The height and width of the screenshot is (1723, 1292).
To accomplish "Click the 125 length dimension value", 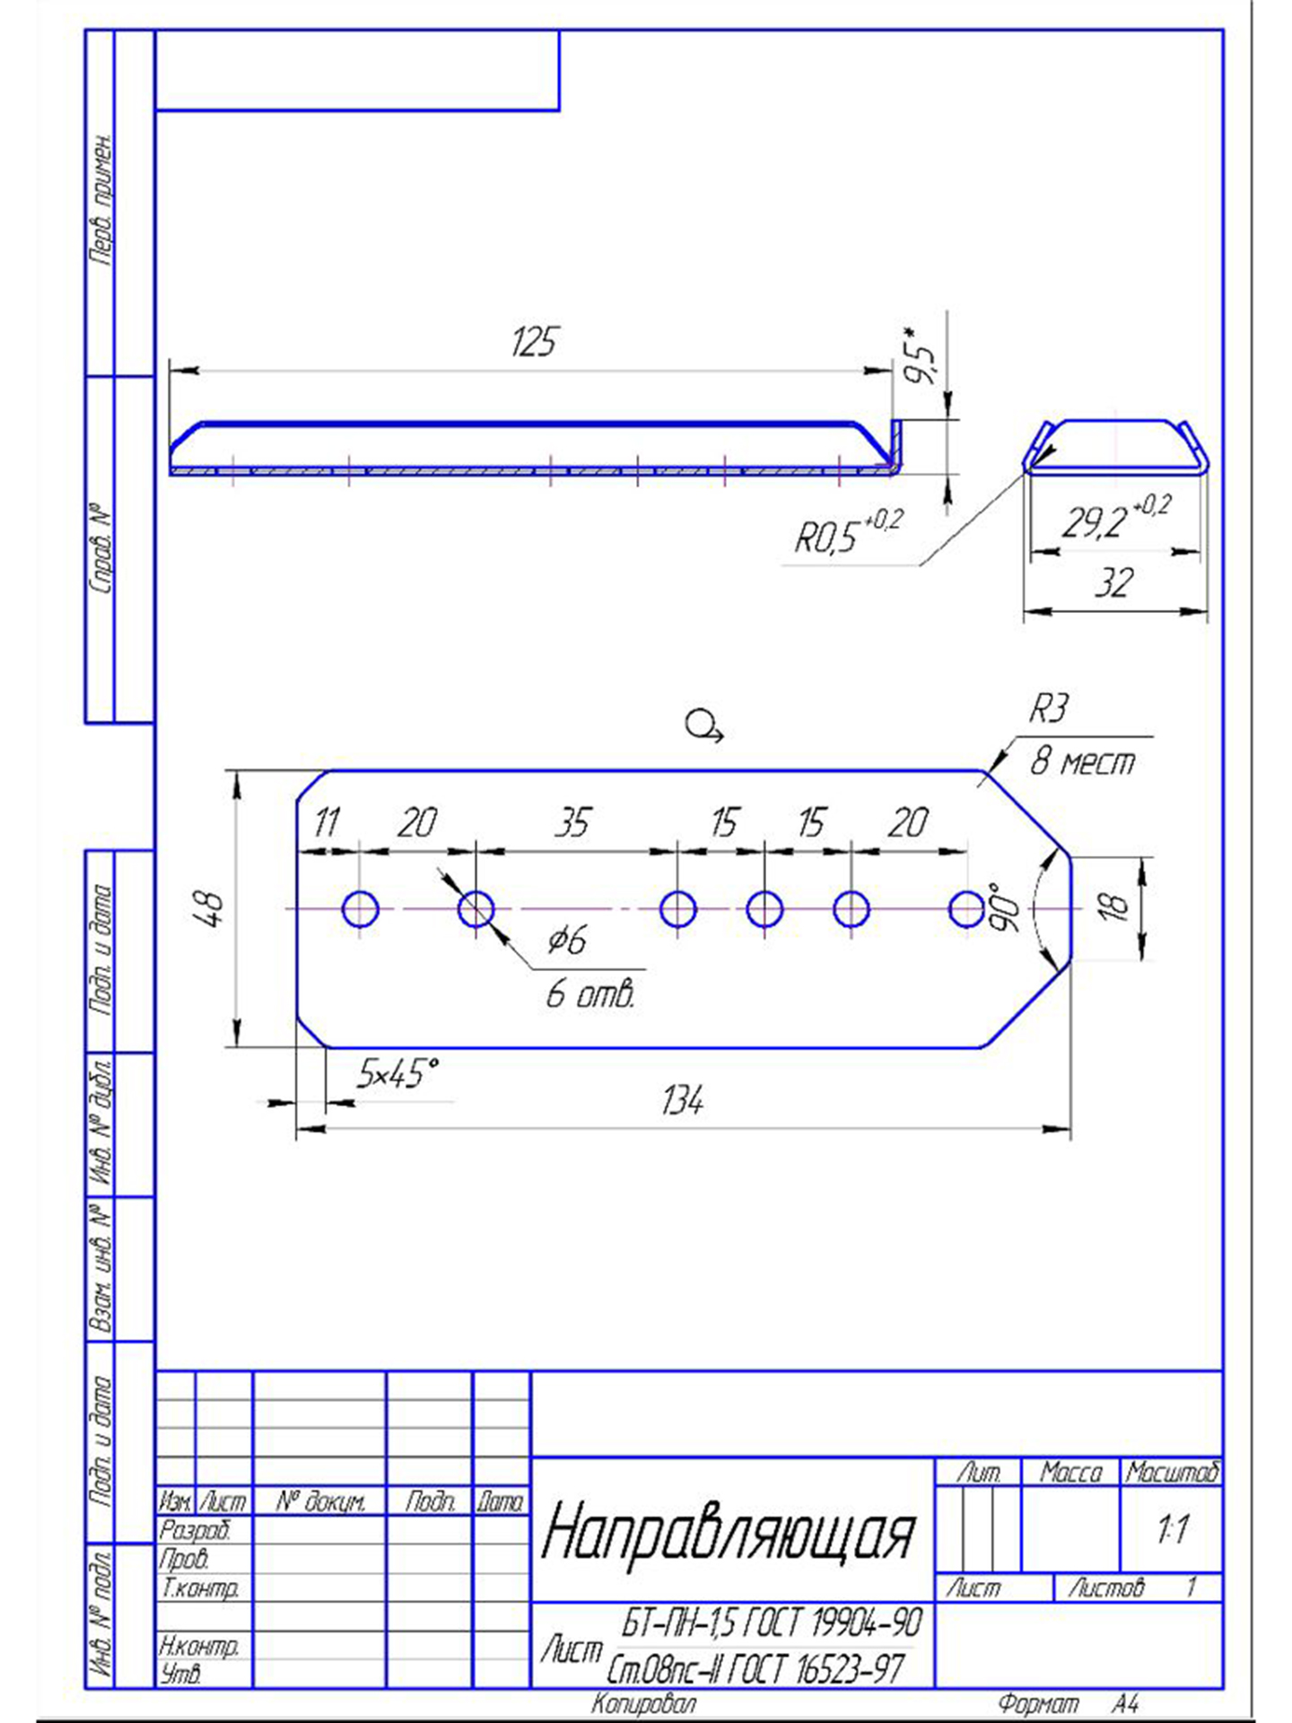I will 535,342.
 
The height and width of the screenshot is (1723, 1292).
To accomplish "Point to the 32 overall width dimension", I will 1113,583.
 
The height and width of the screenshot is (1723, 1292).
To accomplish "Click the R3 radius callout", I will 1048,709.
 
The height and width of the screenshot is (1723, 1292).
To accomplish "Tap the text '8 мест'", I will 1082,762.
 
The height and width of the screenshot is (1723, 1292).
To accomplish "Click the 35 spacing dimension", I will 572,822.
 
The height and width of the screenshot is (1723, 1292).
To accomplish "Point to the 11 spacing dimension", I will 327,822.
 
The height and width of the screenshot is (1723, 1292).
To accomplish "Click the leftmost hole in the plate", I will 361,909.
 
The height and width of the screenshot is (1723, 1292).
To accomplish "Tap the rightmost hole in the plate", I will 966,909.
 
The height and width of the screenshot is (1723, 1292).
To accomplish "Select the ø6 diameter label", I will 567,940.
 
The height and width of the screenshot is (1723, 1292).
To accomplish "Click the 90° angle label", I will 1007,906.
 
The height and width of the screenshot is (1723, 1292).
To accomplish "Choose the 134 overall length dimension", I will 682,1100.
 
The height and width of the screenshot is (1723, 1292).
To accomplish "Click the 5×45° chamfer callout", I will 397,1072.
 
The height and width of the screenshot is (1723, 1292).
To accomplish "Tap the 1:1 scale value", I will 1173,1528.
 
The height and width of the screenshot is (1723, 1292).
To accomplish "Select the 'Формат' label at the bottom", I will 1039,1703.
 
